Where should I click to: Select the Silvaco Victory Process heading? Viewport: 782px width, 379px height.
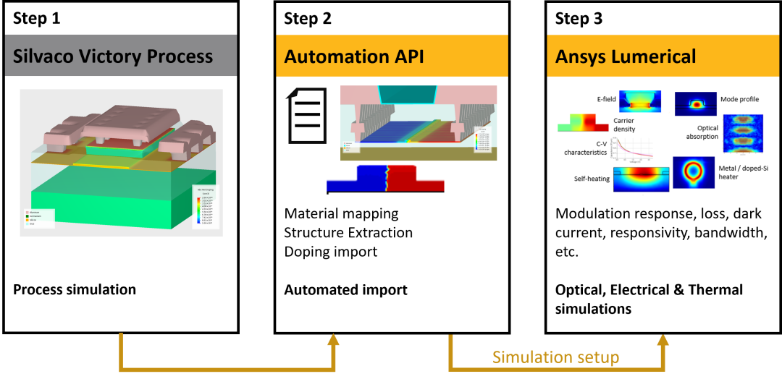[x=113, y=56]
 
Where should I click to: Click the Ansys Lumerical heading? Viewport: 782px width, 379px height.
[x=626, y=56]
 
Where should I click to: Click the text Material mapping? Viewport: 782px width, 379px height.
[x=341, y=213]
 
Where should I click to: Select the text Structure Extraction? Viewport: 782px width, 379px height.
[x=348, y=232]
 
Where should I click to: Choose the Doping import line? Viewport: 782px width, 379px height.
[x=330, y=251]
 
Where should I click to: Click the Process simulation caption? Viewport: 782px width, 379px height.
[x=75, y=289]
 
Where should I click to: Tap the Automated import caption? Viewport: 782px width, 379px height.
[x=345, y=290]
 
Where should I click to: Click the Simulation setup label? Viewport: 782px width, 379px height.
[x=555, y=357]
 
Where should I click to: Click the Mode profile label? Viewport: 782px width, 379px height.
[x=739, y=99]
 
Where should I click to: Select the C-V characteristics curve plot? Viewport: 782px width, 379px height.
[x=634, y=148]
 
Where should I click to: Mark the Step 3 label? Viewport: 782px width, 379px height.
[x=579, y=19]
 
